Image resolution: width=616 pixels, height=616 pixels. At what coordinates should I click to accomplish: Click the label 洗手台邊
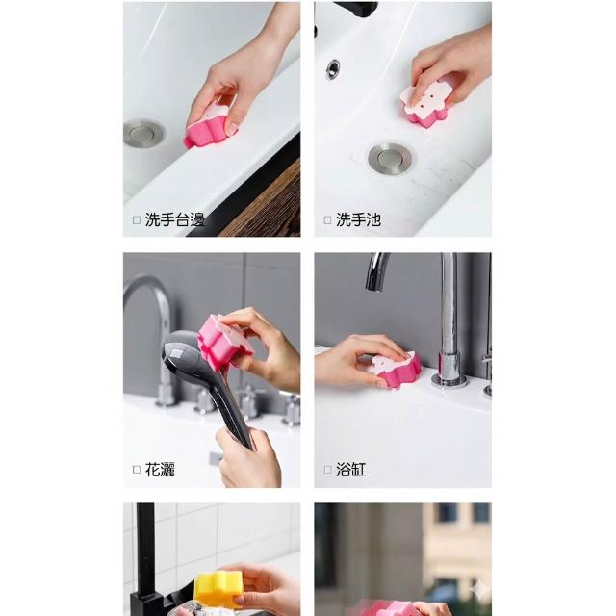(175, 219)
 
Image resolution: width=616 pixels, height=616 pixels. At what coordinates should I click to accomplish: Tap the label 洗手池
(358, 219)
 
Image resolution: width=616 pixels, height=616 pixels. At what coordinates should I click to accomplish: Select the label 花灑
(160, 470)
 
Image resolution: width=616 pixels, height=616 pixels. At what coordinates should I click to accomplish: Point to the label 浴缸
(350, 470)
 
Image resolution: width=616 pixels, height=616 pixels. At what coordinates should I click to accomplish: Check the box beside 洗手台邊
(137, 220)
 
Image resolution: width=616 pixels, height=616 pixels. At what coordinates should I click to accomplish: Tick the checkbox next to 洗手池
(327, 220)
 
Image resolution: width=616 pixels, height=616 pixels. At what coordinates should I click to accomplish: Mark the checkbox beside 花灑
(137, 470)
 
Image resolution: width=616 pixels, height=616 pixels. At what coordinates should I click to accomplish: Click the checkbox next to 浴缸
(327, 470)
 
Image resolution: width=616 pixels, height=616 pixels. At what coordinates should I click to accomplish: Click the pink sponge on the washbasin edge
(208, 126)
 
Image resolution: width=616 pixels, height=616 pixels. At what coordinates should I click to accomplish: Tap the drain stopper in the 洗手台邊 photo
(143, 134)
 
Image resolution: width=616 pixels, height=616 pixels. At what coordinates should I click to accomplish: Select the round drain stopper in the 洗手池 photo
(391, 158)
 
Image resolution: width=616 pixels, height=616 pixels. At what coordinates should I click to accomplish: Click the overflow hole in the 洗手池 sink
(333, 69)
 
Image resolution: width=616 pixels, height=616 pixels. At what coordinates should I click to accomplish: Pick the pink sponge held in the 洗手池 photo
(425, 100)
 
